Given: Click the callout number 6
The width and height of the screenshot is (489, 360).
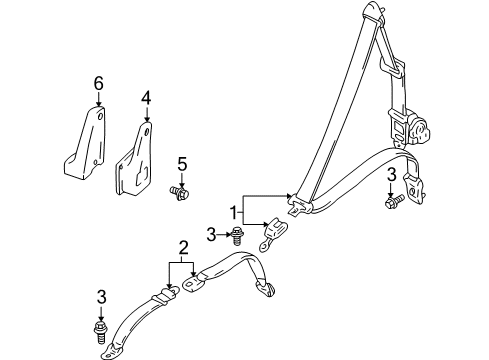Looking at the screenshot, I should click(99, 87).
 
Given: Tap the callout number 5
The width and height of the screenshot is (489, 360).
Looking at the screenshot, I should click(181, 162).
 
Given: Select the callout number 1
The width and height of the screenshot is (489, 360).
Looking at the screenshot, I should click(235, 212).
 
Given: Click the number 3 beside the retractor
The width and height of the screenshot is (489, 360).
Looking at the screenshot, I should click(391, 175).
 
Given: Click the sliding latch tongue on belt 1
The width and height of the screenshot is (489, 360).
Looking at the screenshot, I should click(296, 207).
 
